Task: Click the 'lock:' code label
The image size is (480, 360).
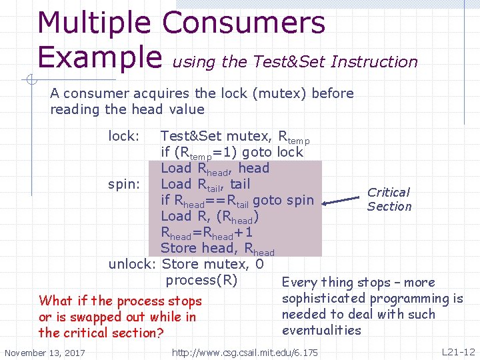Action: pyautogui.click(x=123, y=136)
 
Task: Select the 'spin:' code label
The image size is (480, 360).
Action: pyautogui.click(x=123, y=184)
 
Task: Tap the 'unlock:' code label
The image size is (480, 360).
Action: pyautogui.click(x=133, y=264)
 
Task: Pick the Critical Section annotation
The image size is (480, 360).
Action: pyautogui.click(x=389, y=199)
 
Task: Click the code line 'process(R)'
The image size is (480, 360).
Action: pyautogui.click(x=201, y=280)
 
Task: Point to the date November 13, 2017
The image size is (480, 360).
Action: pyautogui.click(x=45, y=352)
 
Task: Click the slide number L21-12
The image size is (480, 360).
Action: pyautogui.click(x=458, y=351)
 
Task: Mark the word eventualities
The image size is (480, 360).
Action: pyautogui.click(x=321, y=330)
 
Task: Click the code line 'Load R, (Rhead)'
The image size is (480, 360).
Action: pyautogui.click(x=209, y=216)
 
